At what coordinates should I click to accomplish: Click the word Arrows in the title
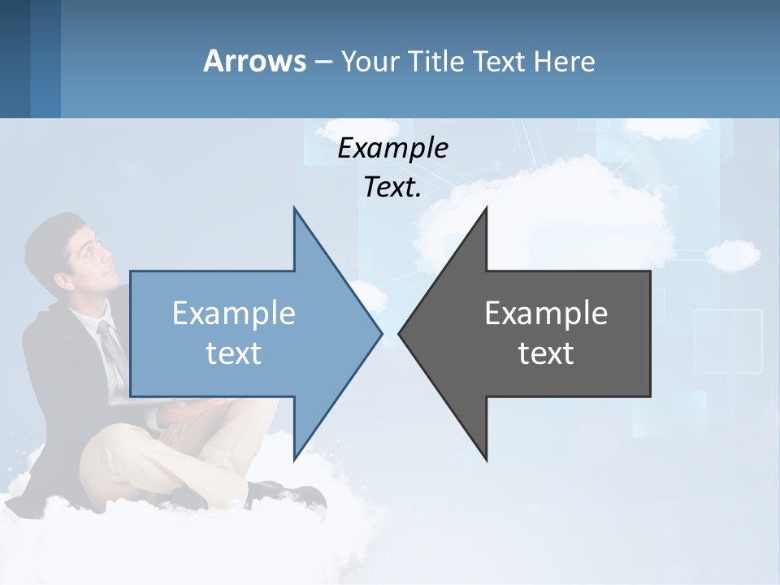[255, 61]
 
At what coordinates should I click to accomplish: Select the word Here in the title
[564, 62]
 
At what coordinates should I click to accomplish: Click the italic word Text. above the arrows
[392, 188]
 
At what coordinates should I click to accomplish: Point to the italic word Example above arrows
[392, 148]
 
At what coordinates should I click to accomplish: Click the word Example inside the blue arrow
[234, 313]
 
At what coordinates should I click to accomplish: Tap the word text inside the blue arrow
[234, 353]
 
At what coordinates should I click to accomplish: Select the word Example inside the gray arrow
[546, 313]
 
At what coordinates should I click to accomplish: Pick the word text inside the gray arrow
[546, 353]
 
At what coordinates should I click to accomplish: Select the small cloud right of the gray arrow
[733, 254]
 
